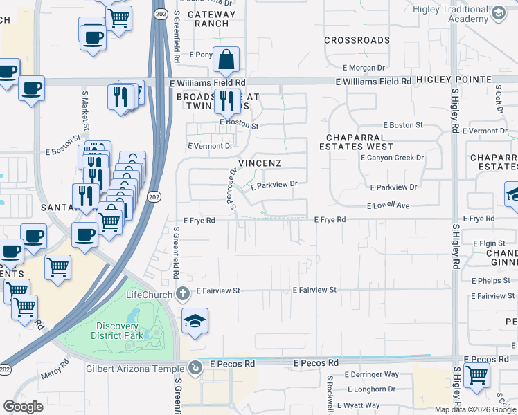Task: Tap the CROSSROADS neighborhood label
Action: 357,40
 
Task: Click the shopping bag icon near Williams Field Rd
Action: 226,60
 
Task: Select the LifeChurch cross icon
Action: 183,294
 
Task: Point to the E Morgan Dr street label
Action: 364,68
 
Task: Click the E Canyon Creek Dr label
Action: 391,158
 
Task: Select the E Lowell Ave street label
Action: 388,206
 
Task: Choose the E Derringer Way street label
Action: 372,374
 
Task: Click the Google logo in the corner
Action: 23,407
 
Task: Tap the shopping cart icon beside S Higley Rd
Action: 476,374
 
